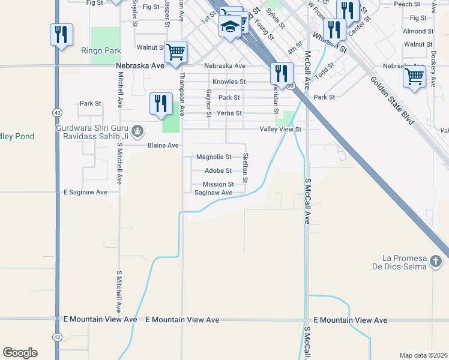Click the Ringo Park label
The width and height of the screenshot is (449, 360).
coord(98,51)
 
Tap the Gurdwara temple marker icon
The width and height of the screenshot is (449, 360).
coord(138,130)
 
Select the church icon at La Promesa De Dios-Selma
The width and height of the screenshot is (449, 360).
coord(436,262)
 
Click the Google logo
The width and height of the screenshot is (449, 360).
coord(20,353)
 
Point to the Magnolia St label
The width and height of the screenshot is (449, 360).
coord(214,157)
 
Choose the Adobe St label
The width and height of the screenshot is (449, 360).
coord(218,171)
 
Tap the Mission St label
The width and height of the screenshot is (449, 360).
coord(218,184)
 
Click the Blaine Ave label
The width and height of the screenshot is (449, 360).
coord(163,145)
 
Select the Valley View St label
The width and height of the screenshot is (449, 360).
coord(280,129)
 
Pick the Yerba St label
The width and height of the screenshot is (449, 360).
coord(229,113)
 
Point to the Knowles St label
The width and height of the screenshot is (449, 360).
coord(229,82)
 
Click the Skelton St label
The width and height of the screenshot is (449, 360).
coord(245,167)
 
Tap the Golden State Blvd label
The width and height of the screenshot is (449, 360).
coord(393,100)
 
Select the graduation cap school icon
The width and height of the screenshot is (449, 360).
coord(230,26)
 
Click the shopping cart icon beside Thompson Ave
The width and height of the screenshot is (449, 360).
coord(175,52)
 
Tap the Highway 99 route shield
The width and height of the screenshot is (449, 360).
coord(290,86)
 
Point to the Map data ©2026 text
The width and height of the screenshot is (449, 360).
coord(423,355)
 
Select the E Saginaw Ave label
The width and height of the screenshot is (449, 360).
coord(85,192)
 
